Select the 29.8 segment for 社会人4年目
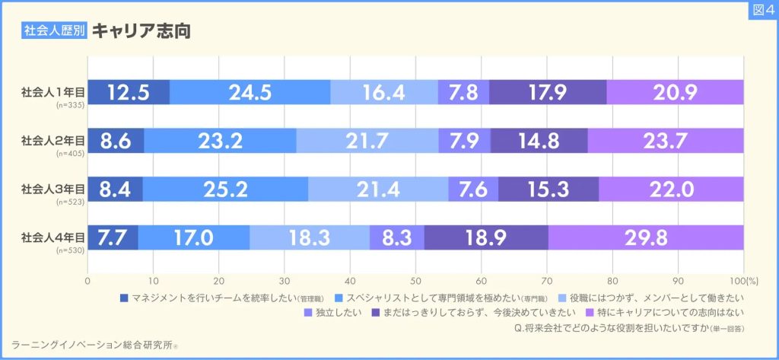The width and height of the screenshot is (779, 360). [646, 237]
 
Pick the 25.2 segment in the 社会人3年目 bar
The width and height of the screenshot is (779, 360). [224, 189]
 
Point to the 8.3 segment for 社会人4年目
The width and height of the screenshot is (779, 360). [397, 237]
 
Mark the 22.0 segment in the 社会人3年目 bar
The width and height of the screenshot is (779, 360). [671, 189]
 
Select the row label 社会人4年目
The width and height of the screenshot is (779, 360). [52, 235]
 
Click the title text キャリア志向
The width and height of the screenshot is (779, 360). [140, 31]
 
